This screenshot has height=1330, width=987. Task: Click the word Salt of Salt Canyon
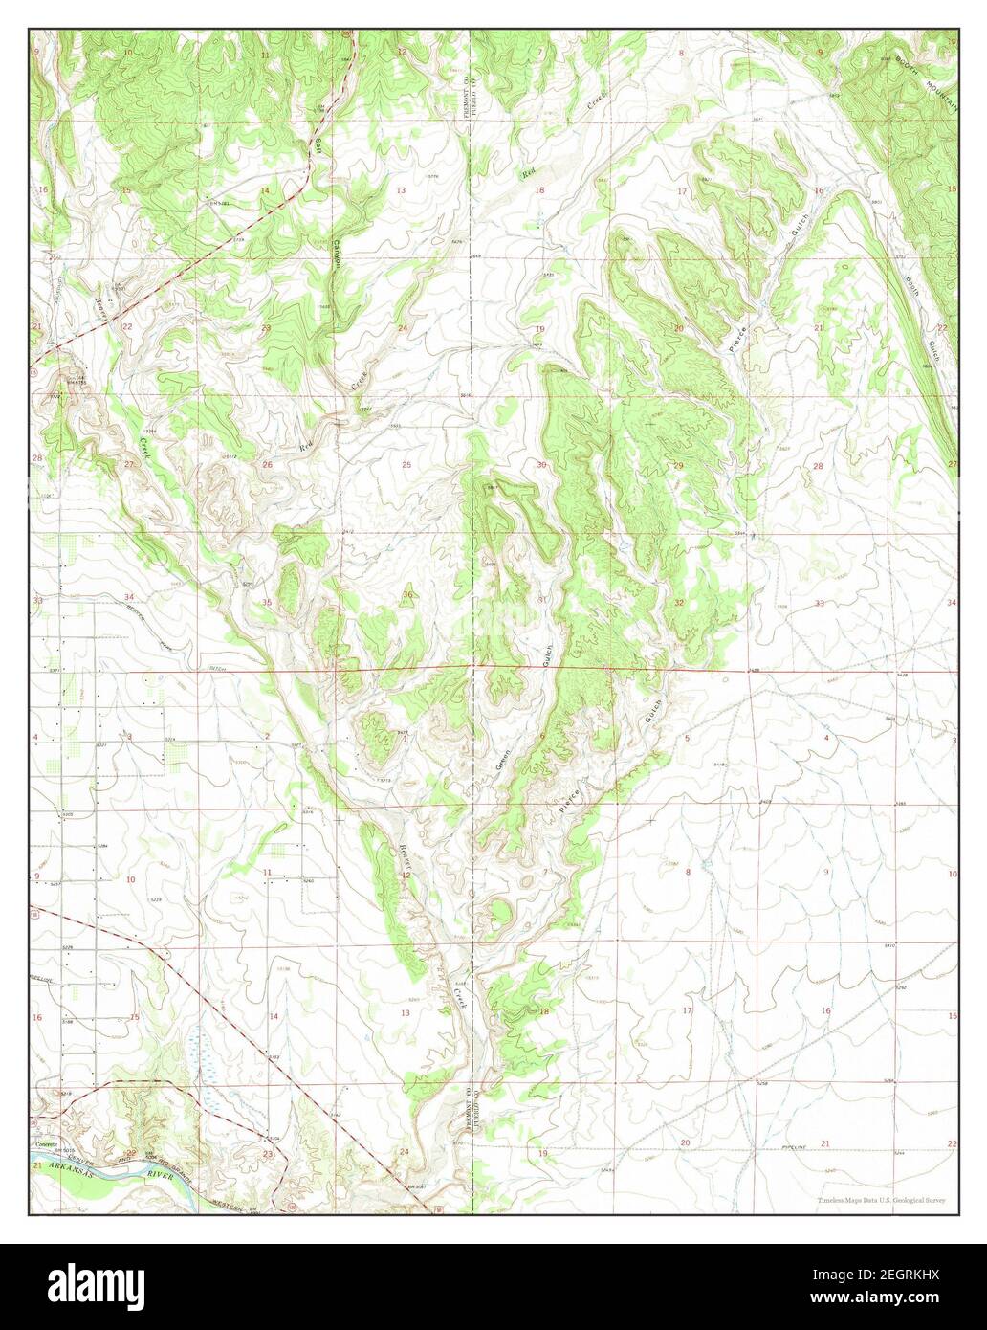(317, 146)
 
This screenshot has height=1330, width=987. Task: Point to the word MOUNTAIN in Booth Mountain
(940, 85)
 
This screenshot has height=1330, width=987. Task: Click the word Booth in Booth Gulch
(912, 290)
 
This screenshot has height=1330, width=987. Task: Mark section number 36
(407, 595)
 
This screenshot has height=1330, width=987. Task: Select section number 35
(268, 602)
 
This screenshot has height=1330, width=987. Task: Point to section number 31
(542, 599)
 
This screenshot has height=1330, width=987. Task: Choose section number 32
(679, 603)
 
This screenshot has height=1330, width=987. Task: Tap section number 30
(541, 465)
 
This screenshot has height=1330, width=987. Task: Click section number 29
(678, 465)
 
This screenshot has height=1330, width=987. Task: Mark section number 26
(268, 465)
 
